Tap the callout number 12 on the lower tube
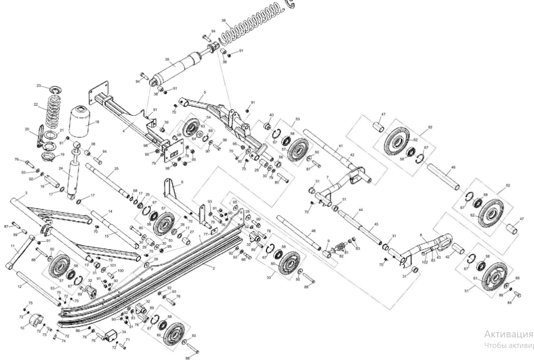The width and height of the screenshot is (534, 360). click(20, 286)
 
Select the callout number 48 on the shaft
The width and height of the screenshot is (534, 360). click(313, 231)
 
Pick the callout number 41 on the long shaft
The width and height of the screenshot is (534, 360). click(341, 146)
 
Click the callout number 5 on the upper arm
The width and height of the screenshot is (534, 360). click(205, 93)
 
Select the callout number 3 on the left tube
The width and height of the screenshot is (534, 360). click(25, 193)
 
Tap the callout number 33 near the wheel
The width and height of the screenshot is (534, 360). click(269, 276)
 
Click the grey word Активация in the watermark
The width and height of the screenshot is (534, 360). click(507, 334)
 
